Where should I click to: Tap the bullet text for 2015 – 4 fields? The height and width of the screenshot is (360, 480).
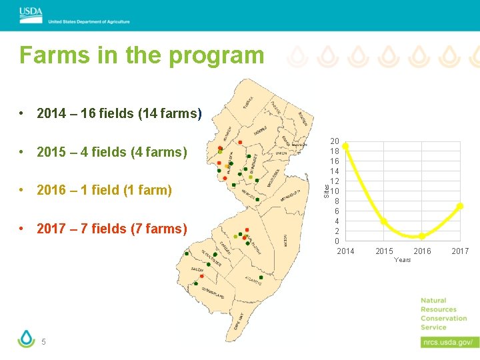[x=111, y=152]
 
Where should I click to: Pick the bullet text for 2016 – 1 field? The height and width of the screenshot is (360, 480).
[x=104, y=191]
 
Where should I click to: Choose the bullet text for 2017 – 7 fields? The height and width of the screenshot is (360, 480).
[x=111, y=229]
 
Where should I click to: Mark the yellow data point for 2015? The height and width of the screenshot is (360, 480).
[x=384, y=221]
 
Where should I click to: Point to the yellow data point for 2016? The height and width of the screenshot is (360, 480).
[x=421, y=236]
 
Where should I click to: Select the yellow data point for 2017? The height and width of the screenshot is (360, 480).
[x=459, y=207]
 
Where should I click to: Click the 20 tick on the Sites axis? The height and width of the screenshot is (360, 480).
[x=335, y=141]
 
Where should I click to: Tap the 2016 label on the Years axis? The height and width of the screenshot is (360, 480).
[x=422, y=251]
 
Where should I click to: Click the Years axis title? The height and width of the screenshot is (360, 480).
[x=403, y=259]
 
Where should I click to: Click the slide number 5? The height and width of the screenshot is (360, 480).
[x=43, y=342]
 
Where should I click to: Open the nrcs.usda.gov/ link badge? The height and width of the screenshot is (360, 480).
[x=449, y=342]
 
